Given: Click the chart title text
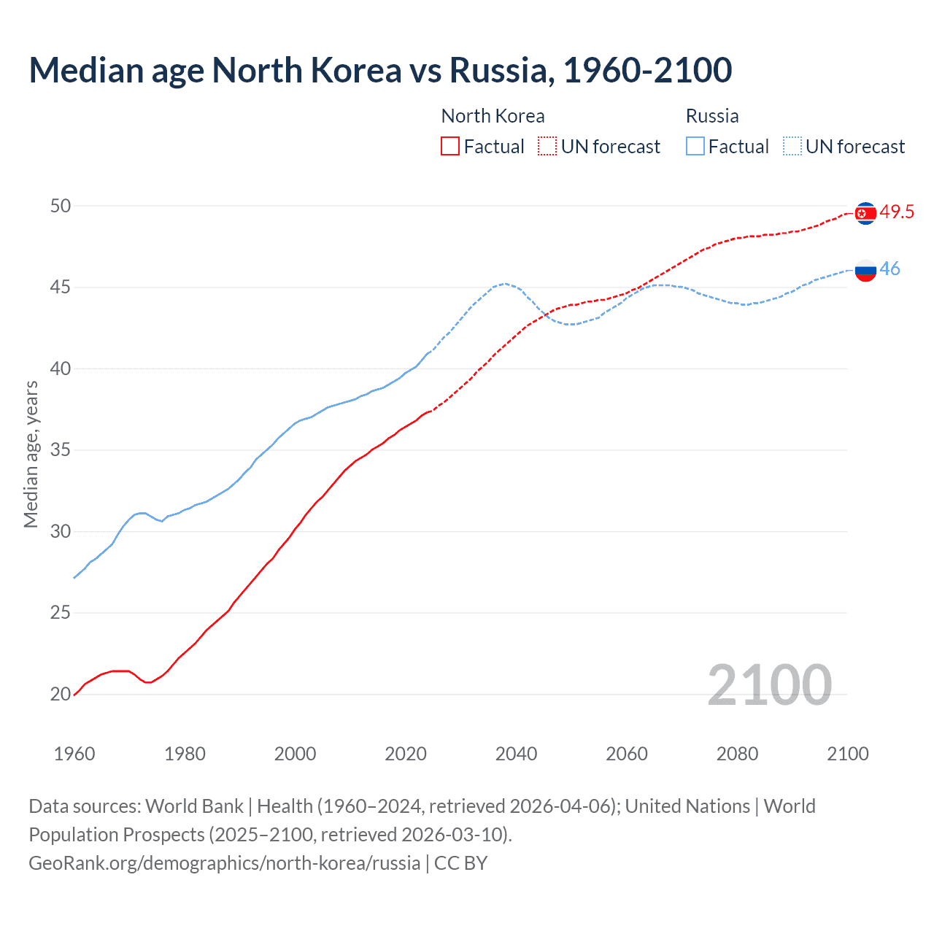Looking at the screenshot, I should coord(380,71).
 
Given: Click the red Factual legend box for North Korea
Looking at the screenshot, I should coord(450,146).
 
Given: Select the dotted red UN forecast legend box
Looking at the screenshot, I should coord(547,146).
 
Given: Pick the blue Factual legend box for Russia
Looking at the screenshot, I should coord(695,146).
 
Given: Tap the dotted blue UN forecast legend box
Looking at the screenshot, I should coord(792,146).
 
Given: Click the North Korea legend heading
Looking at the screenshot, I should coord(493,116).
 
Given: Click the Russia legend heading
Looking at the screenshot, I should coord(712,116).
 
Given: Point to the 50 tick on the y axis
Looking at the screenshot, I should coord(61,206).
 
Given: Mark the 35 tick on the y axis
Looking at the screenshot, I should coord(61,450).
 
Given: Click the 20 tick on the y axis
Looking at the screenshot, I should coord(61,694).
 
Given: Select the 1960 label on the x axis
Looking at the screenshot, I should coord(74,754).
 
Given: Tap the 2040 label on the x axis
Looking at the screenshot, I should coord(516,754).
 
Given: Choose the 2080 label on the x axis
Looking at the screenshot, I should coord(737,754).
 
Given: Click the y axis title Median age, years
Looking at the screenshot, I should coord(31,454).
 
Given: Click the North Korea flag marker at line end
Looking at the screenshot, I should coord(865,213).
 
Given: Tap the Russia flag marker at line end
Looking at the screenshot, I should coord(865,270).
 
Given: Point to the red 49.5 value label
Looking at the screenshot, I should coord(897,212).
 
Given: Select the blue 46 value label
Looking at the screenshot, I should coord(889,269).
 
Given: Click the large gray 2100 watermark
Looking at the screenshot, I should coord(770,684).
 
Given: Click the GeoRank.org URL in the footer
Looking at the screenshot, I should coord(224,862).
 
